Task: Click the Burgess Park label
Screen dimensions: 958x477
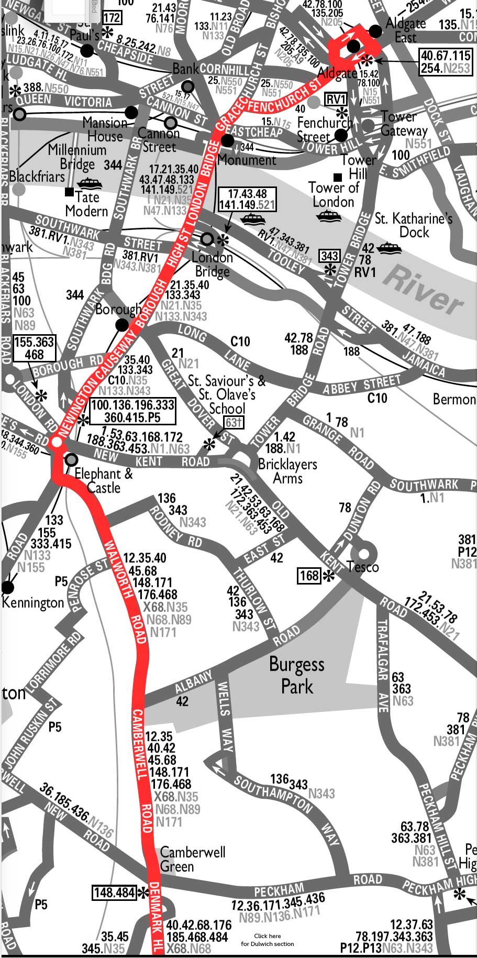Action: tap(297, 675)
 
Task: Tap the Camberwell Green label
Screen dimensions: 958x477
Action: tap(192, 859)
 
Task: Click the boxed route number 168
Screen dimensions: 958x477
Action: tap(309, 576)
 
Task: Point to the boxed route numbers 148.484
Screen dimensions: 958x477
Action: tap(114, 892)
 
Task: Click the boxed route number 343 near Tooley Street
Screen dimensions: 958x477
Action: tap(329, 256)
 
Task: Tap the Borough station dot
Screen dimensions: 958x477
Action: tap(122, 325)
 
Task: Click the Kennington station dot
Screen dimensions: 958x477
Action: tap(8, 587)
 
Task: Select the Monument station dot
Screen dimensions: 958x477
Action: tap(228, 140)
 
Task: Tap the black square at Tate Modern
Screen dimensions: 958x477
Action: tap(69, 192)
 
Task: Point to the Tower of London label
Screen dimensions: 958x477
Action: tap(334, 194)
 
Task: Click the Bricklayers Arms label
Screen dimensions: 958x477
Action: tap(287, 471)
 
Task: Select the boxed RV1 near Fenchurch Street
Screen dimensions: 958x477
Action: tap(336, 100)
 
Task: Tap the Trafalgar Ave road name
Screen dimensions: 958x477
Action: tap(383, 665)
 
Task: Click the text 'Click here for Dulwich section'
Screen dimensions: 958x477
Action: tap(268, 940)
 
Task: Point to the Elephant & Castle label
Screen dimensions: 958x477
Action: tap(104, 480)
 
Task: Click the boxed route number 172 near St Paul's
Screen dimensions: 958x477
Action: tap(112, 18)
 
